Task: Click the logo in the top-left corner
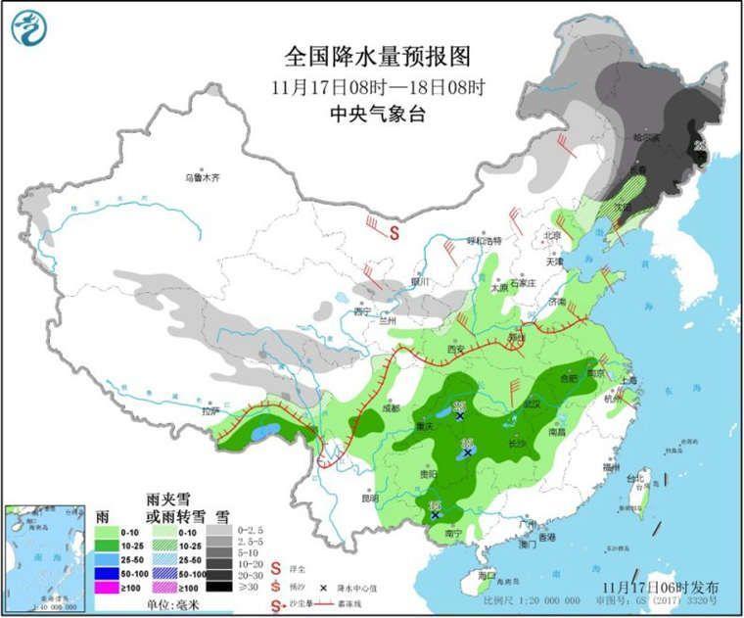pos(30,28)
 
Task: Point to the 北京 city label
pos(553,235)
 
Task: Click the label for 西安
pos(453,349)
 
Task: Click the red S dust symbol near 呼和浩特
pos(394,233)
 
